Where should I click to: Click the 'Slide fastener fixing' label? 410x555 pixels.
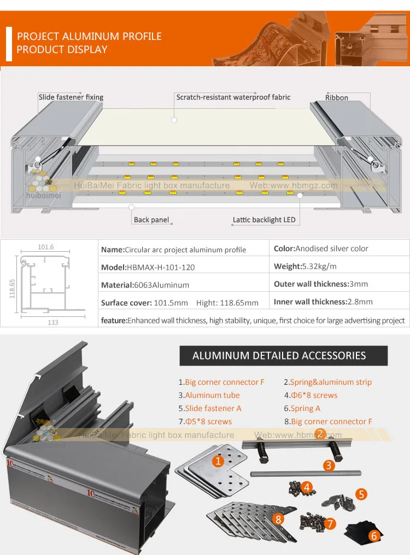(71, 97)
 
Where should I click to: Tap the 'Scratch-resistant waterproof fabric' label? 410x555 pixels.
(233, 97)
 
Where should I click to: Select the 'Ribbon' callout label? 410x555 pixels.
(337, 98)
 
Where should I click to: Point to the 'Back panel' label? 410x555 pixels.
(151, 220)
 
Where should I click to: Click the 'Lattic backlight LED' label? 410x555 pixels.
(264, 220)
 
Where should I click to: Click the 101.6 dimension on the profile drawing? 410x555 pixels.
(46, 247)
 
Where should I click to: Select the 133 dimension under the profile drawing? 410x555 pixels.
(52, 322)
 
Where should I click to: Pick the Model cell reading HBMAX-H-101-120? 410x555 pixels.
(148, 268)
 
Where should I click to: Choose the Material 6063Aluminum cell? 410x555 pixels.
(145, 285)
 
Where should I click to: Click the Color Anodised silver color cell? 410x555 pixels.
(321, 248)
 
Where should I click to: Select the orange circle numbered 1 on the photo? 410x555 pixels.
(218, 461)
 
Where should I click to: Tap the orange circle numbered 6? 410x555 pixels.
(374, 536)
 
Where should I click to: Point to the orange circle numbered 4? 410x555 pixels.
(308, 486)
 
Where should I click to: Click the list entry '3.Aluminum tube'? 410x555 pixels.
(209, 395)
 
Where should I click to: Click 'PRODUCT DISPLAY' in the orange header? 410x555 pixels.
(62, 50)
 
